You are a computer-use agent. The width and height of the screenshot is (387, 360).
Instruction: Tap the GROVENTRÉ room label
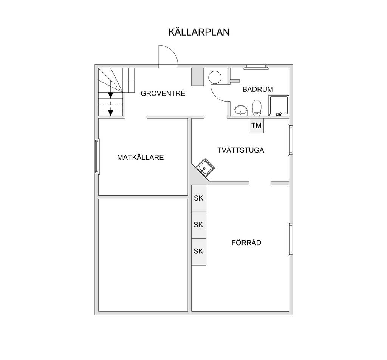(x=163, y=93)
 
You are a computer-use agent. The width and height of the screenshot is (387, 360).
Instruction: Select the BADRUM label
(x=258, y=89)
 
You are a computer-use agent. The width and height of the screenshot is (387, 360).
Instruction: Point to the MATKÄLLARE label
(x=141, y=158)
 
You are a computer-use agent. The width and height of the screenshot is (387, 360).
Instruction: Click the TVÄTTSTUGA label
(x=241, y=150)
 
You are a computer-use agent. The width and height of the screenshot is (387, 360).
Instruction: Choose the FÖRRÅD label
(x=246, y=243)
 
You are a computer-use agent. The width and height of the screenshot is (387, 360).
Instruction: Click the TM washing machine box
(x=257, y=125)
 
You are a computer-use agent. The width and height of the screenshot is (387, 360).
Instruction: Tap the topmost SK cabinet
(x=199, y=198)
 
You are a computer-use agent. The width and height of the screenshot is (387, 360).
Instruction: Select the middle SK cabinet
(x=199, y=225)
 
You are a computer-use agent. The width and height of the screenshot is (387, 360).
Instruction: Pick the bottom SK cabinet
(x=199, y=252)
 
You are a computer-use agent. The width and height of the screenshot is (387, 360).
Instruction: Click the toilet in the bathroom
(x=257, y=108)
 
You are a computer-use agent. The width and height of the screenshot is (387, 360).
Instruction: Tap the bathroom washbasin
(x=241, y=110)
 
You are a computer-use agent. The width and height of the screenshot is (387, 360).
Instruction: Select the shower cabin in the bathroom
(x=279, y=105)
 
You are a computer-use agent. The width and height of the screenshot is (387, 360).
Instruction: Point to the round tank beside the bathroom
(x=215, y=77)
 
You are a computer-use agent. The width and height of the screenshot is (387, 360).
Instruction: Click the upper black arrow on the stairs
(x=111, y=95)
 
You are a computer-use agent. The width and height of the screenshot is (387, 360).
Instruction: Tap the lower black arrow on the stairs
(x=111, y=113)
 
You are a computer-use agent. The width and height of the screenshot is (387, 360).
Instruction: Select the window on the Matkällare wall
(x=98, y=156)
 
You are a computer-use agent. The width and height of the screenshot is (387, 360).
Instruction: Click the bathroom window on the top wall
(x=256, y=66)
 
